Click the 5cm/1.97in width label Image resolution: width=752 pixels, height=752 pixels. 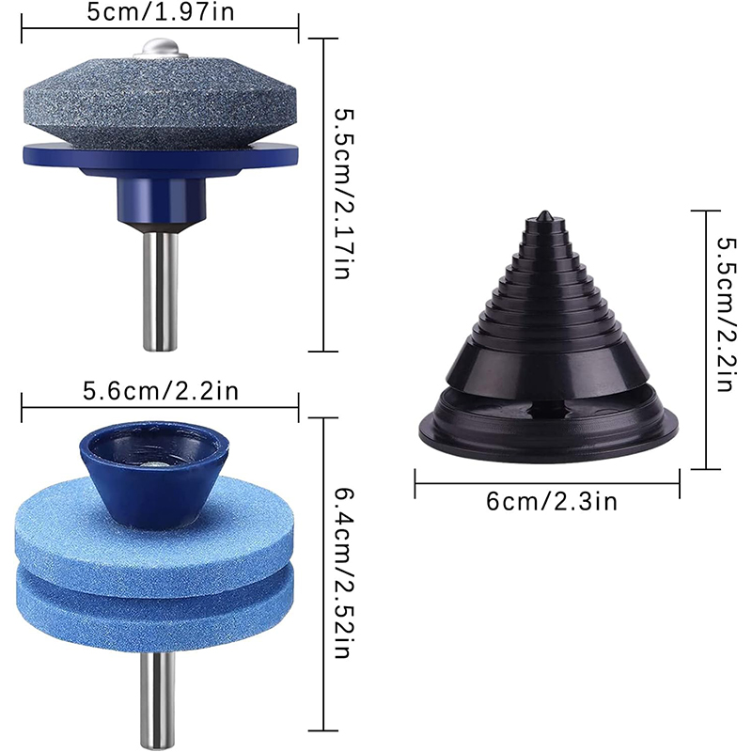(x=161, y=12)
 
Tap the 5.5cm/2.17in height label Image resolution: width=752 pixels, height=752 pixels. (x=344, y=194)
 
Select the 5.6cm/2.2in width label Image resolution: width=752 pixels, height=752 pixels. (x=161, y=391)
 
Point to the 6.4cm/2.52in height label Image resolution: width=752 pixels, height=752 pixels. (x=344, y=573)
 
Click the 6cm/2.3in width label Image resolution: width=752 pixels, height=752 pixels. (x=552, y=502)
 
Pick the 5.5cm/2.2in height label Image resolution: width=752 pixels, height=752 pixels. (x=726, y=314)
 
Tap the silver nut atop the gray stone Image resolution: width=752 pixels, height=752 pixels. (x=161, y=47)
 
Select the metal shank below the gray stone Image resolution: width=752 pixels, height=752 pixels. (x=161, y=290)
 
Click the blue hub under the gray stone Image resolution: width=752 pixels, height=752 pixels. (x=162, y=200)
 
